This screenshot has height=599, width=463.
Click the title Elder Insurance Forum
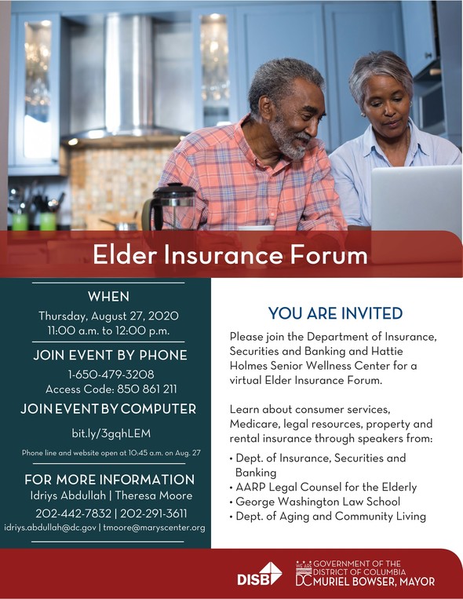pyautogui.click(x=230, y=255)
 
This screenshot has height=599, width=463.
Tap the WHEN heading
pyautogui.click(x=108, y=297)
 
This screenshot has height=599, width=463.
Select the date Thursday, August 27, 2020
pyautogui.click(x=108, y=316)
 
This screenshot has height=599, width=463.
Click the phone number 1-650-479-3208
pyautogui.click(x=111, y=374)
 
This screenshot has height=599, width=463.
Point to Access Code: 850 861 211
pyautogui.click(x=111, y=389)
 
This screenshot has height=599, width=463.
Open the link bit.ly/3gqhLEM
pyautogui.click(x=111, y=433)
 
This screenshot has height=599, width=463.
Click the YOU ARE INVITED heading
pyautogui.click(x=335, y=313)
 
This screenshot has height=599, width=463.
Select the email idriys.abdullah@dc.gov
pyautogui.click(x=50, y=528)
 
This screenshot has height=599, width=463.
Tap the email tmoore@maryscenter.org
pyautogui.click(x=154, y=528)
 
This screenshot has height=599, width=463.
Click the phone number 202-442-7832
pyautogui.click(x=73, y=513)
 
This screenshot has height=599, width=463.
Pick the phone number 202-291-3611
pyautogui.click(x=154, y=513)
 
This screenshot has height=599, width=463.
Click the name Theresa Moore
pyautogui.click(x=154, y=495)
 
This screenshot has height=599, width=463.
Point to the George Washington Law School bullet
pyautogui.click(x=315, y=502)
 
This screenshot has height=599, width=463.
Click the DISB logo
pyautogui.click(x=260, y=574)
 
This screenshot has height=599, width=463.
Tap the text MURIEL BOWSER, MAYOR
pyautogui.click(x=374, y=582)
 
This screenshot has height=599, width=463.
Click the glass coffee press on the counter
pyautogui.click(x=170, y=206)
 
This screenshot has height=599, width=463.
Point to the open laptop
pyautogui.click(x=417, y=199)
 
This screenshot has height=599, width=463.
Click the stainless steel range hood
pyautogui.click(x=124, y=76)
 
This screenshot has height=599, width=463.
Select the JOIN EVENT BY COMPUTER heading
pyautogui.click(x=108, y=409)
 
